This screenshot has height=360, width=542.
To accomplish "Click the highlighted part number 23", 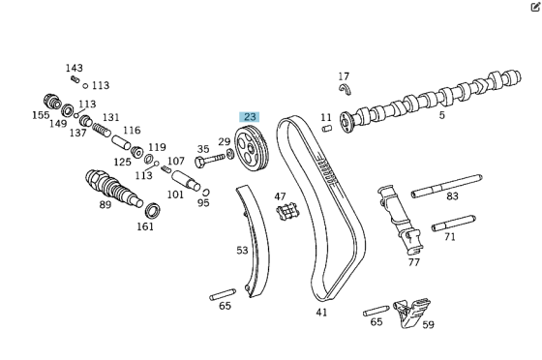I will point(250,117).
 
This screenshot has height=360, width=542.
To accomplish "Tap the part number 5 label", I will point(442,116).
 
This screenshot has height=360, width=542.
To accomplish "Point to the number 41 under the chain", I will point(321,312).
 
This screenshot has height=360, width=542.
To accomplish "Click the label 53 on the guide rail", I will point(242,251).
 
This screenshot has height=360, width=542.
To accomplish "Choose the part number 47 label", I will point(281,196).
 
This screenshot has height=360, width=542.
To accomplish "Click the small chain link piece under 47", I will point(284,214).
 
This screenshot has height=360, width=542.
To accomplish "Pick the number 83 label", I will point(453,196).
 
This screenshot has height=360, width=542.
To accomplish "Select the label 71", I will point(450,236).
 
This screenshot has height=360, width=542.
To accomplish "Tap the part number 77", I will point(414,261).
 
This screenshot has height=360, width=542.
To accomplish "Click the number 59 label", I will point(428,326).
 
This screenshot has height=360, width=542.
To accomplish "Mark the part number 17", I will point(344,76).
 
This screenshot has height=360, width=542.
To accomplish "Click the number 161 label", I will point(144,227).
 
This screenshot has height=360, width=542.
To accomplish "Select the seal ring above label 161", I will point(151,209).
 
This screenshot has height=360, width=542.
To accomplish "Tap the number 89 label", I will point(105,204).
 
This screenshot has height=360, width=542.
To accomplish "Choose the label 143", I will point(75,68).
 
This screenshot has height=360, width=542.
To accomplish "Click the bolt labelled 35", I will point(200,164).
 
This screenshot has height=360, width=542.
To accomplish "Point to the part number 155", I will point(40,115).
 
